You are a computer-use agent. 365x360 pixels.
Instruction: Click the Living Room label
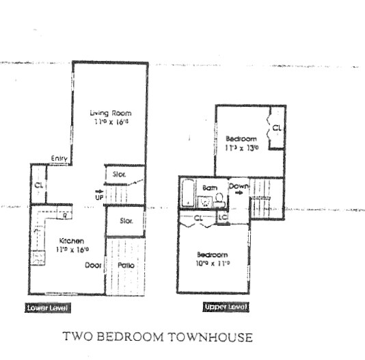110,112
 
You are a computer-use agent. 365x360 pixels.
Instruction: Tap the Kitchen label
70,241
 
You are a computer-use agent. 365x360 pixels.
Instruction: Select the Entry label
59,159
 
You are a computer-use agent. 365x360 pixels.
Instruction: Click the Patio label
126,266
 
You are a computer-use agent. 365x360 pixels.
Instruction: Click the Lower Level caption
46,308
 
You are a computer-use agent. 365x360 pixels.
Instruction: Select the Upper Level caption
225,307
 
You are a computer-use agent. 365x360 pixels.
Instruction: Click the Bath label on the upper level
209,187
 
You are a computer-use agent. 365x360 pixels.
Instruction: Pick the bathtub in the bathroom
188,194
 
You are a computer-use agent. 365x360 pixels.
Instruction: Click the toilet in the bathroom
219,200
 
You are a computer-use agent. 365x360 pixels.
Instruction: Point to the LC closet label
222,217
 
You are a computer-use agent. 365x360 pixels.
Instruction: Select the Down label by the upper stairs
239,186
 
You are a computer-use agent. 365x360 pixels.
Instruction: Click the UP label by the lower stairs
99,198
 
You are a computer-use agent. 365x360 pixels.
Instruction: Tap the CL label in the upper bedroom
276,128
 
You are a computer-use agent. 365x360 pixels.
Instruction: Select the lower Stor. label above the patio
126,221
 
